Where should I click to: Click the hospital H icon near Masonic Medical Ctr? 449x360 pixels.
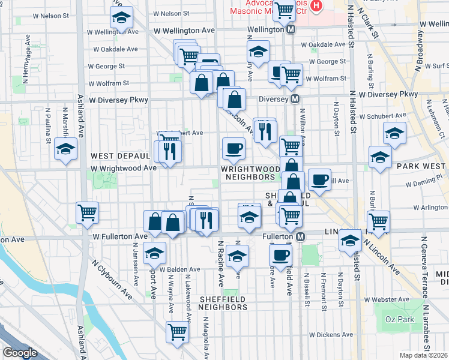tap(316, 7)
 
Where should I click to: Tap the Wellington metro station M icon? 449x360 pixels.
tap(291, 29)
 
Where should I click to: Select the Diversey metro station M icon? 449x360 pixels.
tap(295, 99)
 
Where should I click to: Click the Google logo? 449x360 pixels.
tap(20, 353)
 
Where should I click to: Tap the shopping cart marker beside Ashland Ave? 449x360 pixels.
tap(88, 212)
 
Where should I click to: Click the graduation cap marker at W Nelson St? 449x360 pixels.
tap(122, 19)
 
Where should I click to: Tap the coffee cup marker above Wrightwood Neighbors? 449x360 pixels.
tap(234, 148)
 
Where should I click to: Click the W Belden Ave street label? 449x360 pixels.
tap(179, 269)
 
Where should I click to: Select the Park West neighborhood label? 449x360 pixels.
tap(419, 166)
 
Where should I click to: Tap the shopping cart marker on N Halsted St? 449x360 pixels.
tap(378, 221)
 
